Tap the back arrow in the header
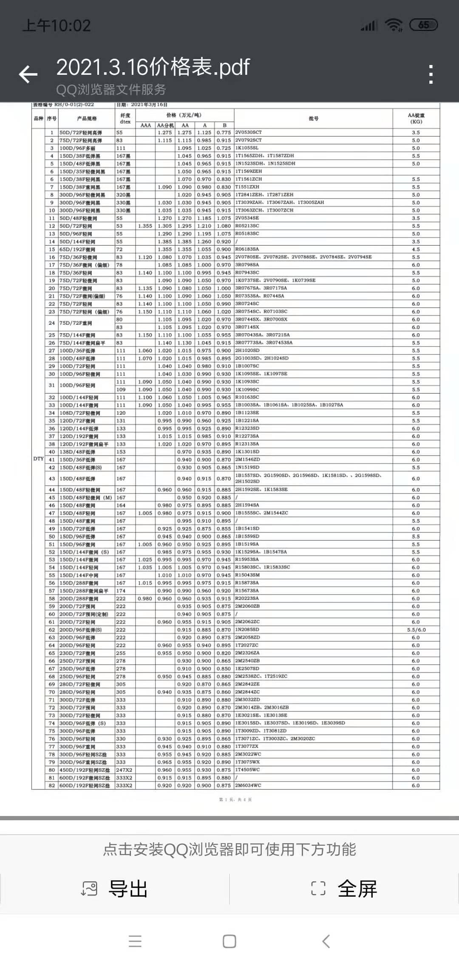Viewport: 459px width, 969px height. pyautogui.click(x=28, y=74)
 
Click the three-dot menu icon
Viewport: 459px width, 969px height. pyautogui.click(x=431, y=74)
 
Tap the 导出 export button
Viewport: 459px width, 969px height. pyautogui.click(x=115, y=889)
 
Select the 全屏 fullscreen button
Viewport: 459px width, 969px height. pyautogui.click(x=344, y=889)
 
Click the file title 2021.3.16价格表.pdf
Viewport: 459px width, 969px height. pyautogui.click(x=153, y=67)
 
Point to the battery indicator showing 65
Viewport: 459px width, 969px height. pyautogui.click(x=423, y=25)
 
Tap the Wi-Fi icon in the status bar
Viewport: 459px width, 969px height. pyautogui.click(x=394, y=25)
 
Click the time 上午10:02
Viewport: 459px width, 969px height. pyautogui.click(x=57, y=25)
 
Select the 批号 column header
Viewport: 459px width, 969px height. pyautogui.click(x=314, y=119)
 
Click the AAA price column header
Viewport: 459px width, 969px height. pyautogui.click(x=146, y=125)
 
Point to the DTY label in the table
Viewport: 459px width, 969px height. pyautogui.click(x=38, y=459)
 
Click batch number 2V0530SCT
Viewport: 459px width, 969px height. pyautogui.click(x=249, y=133)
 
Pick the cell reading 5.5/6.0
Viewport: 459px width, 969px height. pyautogui.click(x=416, y=630)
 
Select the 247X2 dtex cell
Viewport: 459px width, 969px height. pyautogui.click(x=124, y=770)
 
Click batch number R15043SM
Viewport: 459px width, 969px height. pyautogui.click(x=247, y=575)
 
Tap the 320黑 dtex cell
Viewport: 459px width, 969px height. pyautogui.click(x=124, y=195)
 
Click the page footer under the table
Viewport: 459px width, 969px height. pyautogui.click(x=235, y=799)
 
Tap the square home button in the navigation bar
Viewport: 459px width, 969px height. pyautogui.click(x=229, y=941)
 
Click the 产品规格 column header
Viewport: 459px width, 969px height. pyautogui.click(x=87, y=119)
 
